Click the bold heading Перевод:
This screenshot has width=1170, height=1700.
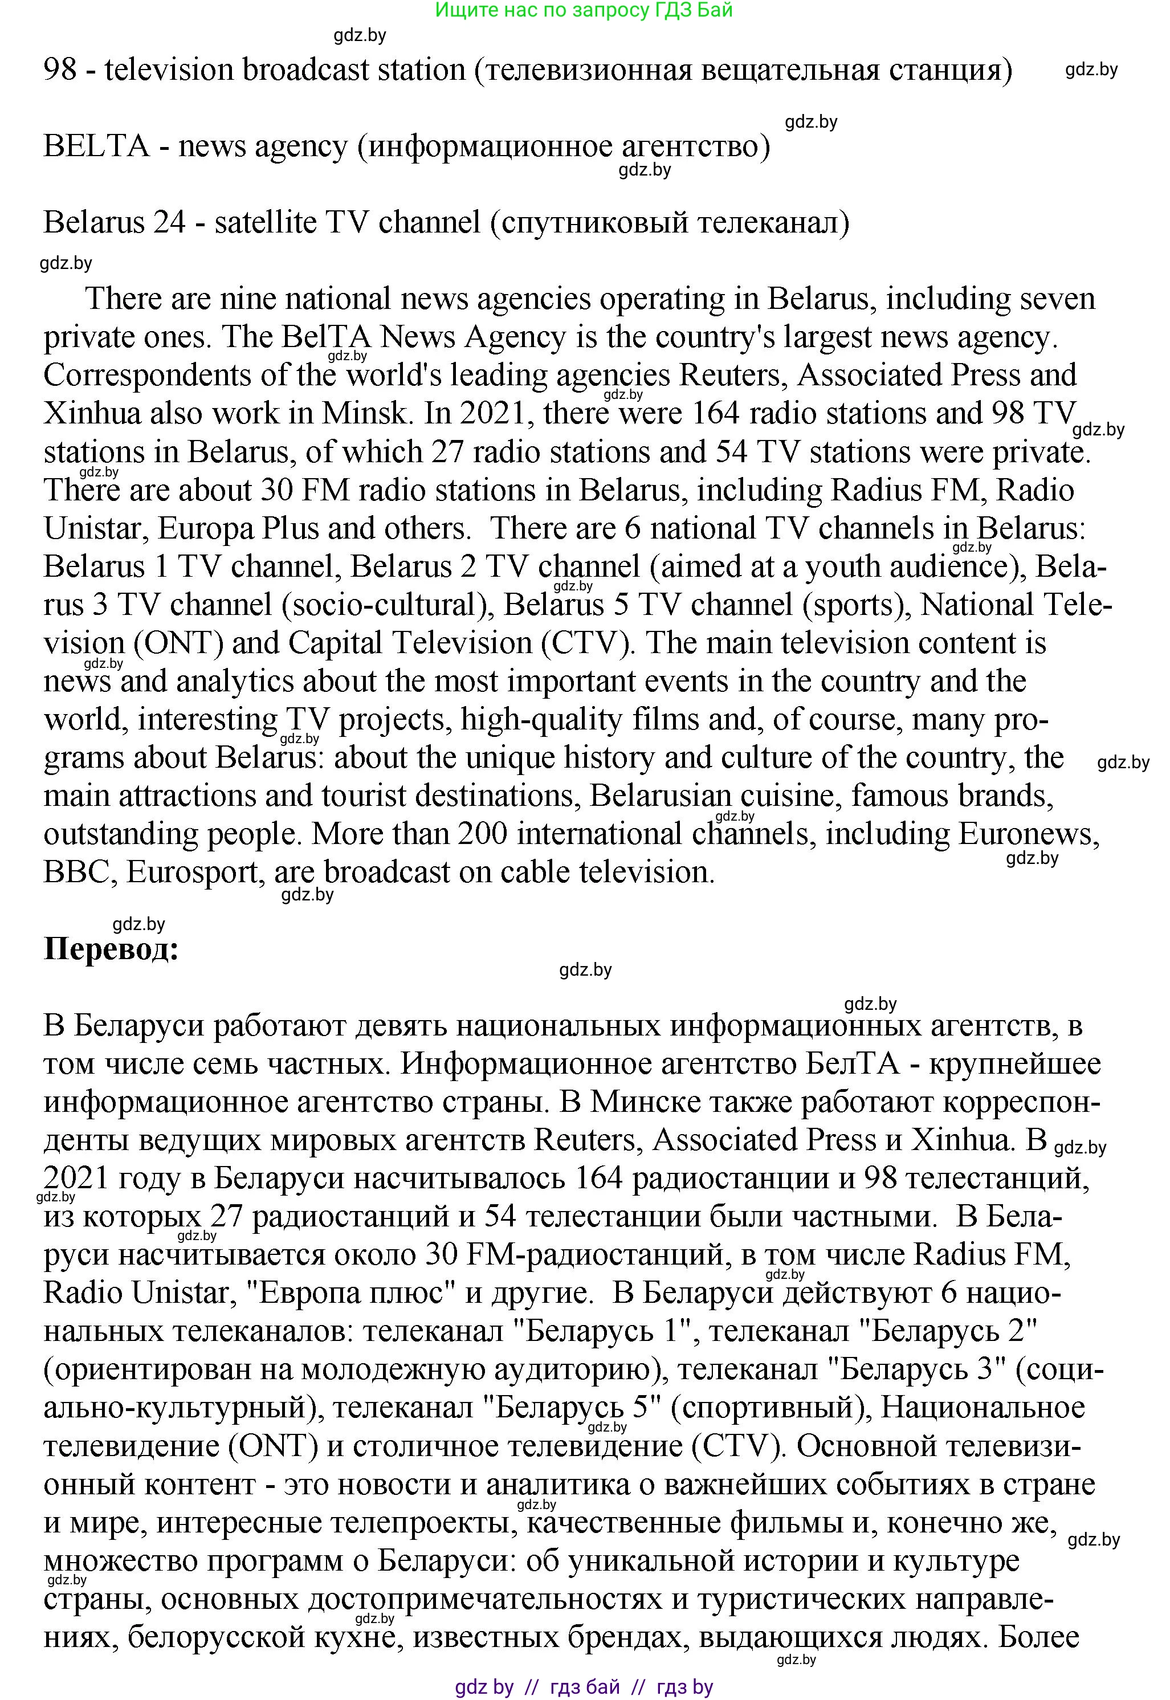coord(112,949)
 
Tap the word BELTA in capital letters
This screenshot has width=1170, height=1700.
coord(96,146)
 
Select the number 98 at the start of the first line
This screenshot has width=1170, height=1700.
coord(60,70)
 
